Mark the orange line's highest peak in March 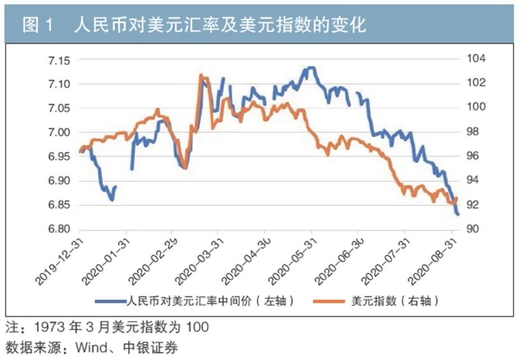click(x=200, y=75)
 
